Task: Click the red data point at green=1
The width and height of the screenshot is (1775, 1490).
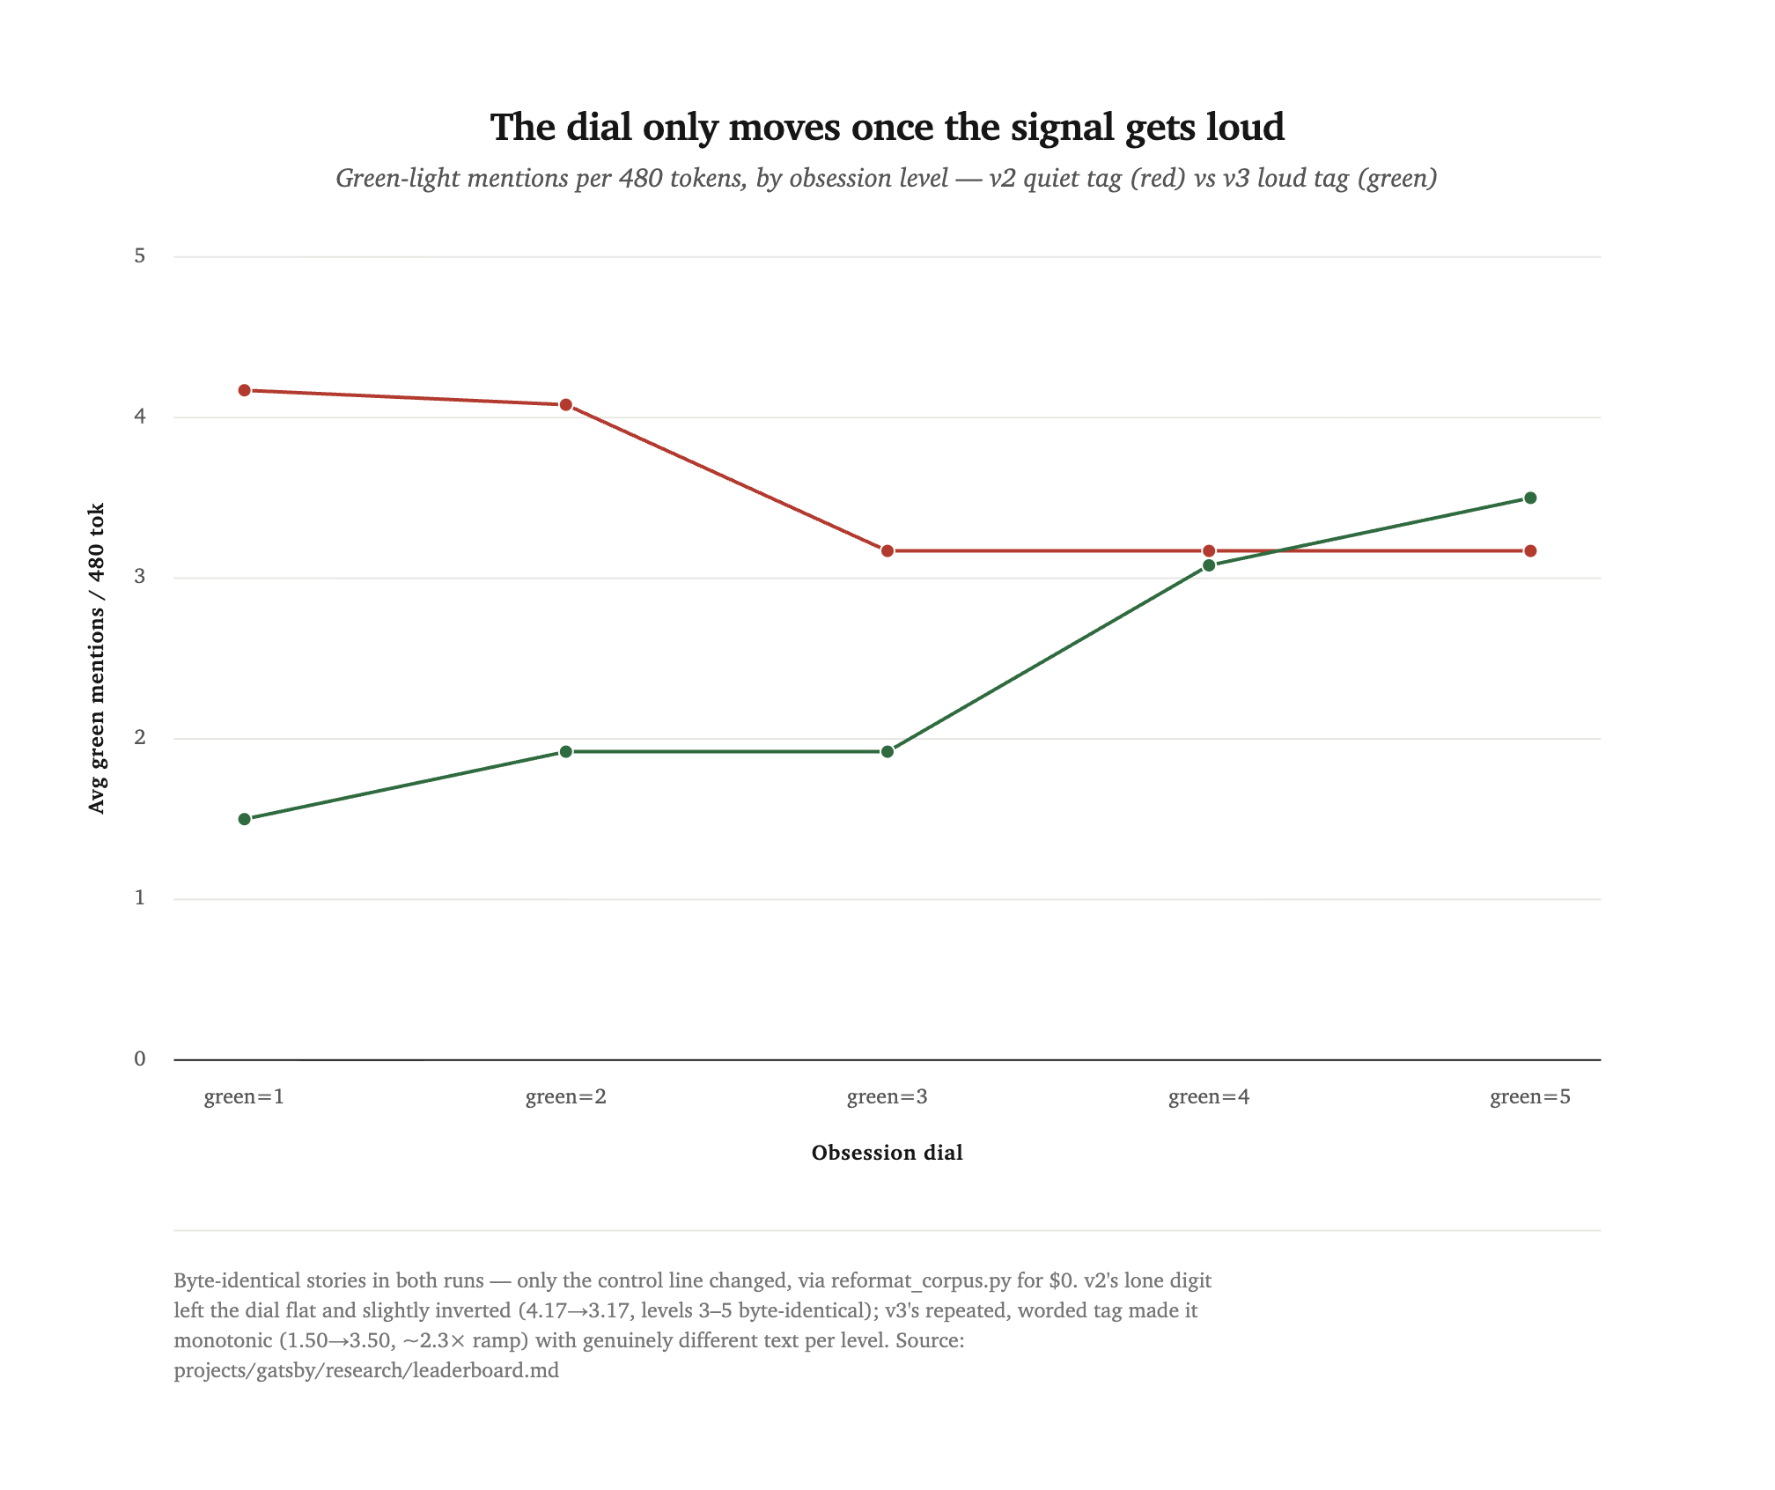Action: [245, 390]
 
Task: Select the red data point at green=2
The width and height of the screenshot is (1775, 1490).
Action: [566, 405]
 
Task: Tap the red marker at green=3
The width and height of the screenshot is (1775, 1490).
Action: [887, 551]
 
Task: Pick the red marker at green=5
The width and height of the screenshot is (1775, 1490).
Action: [1530, 551]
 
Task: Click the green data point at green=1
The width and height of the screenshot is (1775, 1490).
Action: [245, 819]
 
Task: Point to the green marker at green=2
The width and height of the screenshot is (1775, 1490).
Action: [566, 752]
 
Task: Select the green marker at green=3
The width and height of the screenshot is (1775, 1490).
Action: [887, 752]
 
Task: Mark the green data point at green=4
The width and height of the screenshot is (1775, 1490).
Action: [1209, 565]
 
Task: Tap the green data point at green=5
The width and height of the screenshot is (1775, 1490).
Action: [1530, 498]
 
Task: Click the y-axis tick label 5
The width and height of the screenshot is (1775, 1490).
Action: [140, 256]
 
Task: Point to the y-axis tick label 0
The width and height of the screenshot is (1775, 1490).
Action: [140, 1059]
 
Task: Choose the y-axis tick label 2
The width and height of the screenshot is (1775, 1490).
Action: [140, 738]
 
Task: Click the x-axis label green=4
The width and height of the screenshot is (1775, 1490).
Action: [1209, 1097]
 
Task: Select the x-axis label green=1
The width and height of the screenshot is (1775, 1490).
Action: [245, 1097]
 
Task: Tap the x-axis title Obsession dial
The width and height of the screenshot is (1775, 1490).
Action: [887, 1153]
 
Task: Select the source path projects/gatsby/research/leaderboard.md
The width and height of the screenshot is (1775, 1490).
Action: [366, 1371]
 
